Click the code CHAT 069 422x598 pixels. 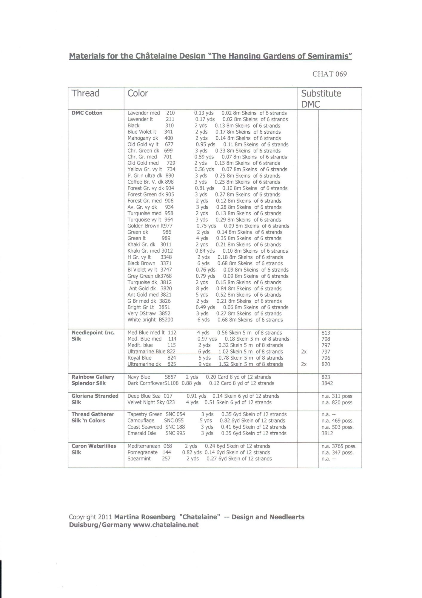tap(329, 74)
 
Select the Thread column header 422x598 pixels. tap(85, 93)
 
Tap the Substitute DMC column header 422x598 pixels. tap(321, 99)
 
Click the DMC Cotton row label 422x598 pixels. tap(87, 113)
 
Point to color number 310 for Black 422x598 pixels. tap(169, 126)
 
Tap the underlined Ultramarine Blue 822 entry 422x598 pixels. tap(151, 352)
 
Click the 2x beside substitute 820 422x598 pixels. tap(304, 364)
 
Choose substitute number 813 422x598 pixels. tap(326, 333)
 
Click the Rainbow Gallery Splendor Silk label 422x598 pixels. tap(93, 380)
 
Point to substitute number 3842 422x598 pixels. tap(327, 383)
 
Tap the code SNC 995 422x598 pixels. tap(175, 433)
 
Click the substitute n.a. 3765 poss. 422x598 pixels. tap(339, 446)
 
